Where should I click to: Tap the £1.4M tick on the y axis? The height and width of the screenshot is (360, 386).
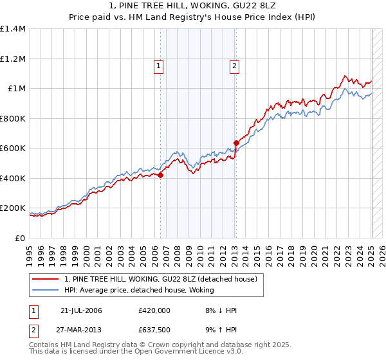pyautogui.click(x=13, y=29)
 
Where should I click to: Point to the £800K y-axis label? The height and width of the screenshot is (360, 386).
pyautogui.click(x=12, y=118)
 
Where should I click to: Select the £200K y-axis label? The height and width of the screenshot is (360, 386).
pyautogui.click(x=12, y=208)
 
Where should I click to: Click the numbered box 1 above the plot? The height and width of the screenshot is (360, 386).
pyautogui.click(x=158, y=65)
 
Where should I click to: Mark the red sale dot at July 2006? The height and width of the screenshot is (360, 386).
pyautogui.click(x=160, y=175)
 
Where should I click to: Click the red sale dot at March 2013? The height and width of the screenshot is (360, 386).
pyautogui.click(x=236, y=143)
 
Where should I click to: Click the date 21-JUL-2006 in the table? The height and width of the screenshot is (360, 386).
pyautogui.click(x=81, y=310)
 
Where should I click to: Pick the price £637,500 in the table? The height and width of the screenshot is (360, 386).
pyautogui.click(x=154, y=330)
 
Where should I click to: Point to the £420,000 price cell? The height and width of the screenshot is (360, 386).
pyautogui.click(x=154, y=310)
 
